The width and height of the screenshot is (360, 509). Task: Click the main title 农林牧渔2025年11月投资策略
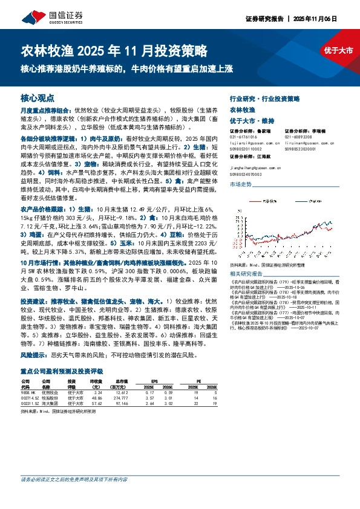[x=114, y=49]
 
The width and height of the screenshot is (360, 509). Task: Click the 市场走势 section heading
[x=241, y=192]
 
